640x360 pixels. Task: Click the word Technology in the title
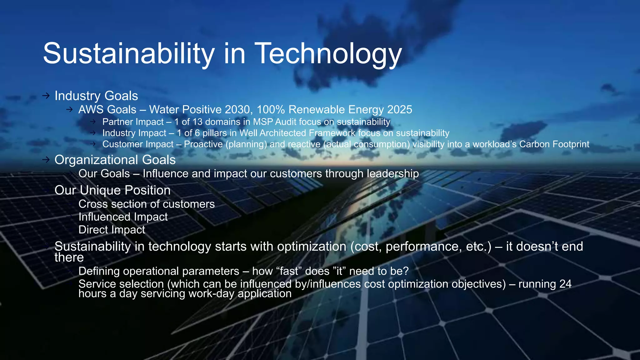pyautogui.click(x=328, y=54)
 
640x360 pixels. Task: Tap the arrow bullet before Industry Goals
pyautogui.click(x=46, y=96)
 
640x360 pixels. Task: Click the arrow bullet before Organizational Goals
pyautogui.click(x=46, y=160)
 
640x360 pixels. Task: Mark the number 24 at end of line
pyautogui.click(x=565, y=284)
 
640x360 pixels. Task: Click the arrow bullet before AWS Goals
pyautogui.click(x=69, y=110)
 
